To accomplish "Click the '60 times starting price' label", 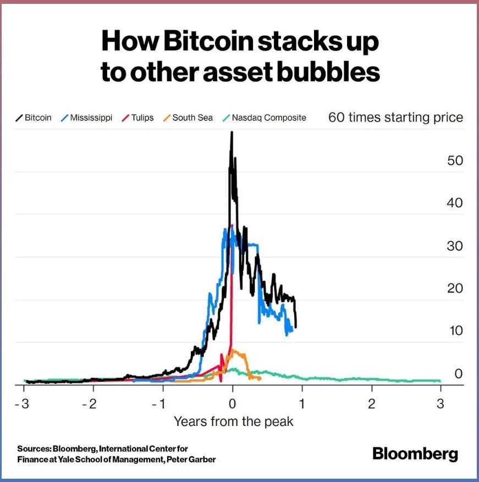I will click(395, 117).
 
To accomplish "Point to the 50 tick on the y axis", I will click(455, 161).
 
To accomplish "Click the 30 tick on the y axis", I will click(455, 246).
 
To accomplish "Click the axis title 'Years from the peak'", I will click(233, 422).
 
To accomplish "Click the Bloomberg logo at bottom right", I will click(415, 454).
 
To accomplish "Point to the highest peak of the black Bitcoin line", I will click(232, 132).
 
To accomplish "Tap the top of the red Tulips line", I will click(233, 225).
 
